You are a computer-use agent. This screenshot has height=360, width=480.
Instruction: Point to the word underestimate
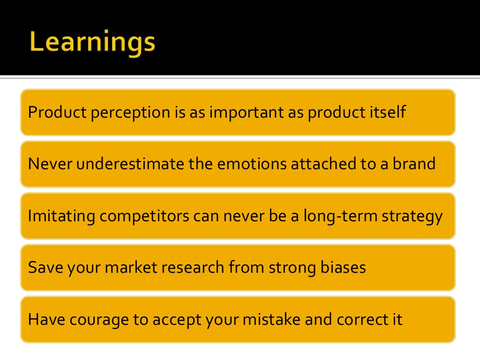(x=130, y=164)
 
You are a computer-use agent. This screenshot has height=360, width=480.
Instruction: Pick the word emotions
(x=252, y=164)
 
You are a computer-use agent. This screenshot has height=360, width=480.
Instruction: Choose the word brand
(x=414, y=164)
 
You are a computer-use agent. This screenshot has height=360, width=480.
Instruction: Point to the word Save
(x=45, y=267)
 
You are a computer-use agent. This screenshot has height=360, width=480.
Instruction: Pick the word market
(x=131, y=267)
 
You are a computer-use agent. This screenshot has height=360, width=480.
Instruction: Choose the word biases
(x=343, y=267)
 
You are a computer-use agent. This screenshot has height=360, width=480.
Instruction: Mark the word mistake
(x=271, y=319)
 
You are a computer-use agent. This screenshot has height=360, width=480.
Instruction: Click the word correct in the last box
(x=363, y=320)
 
